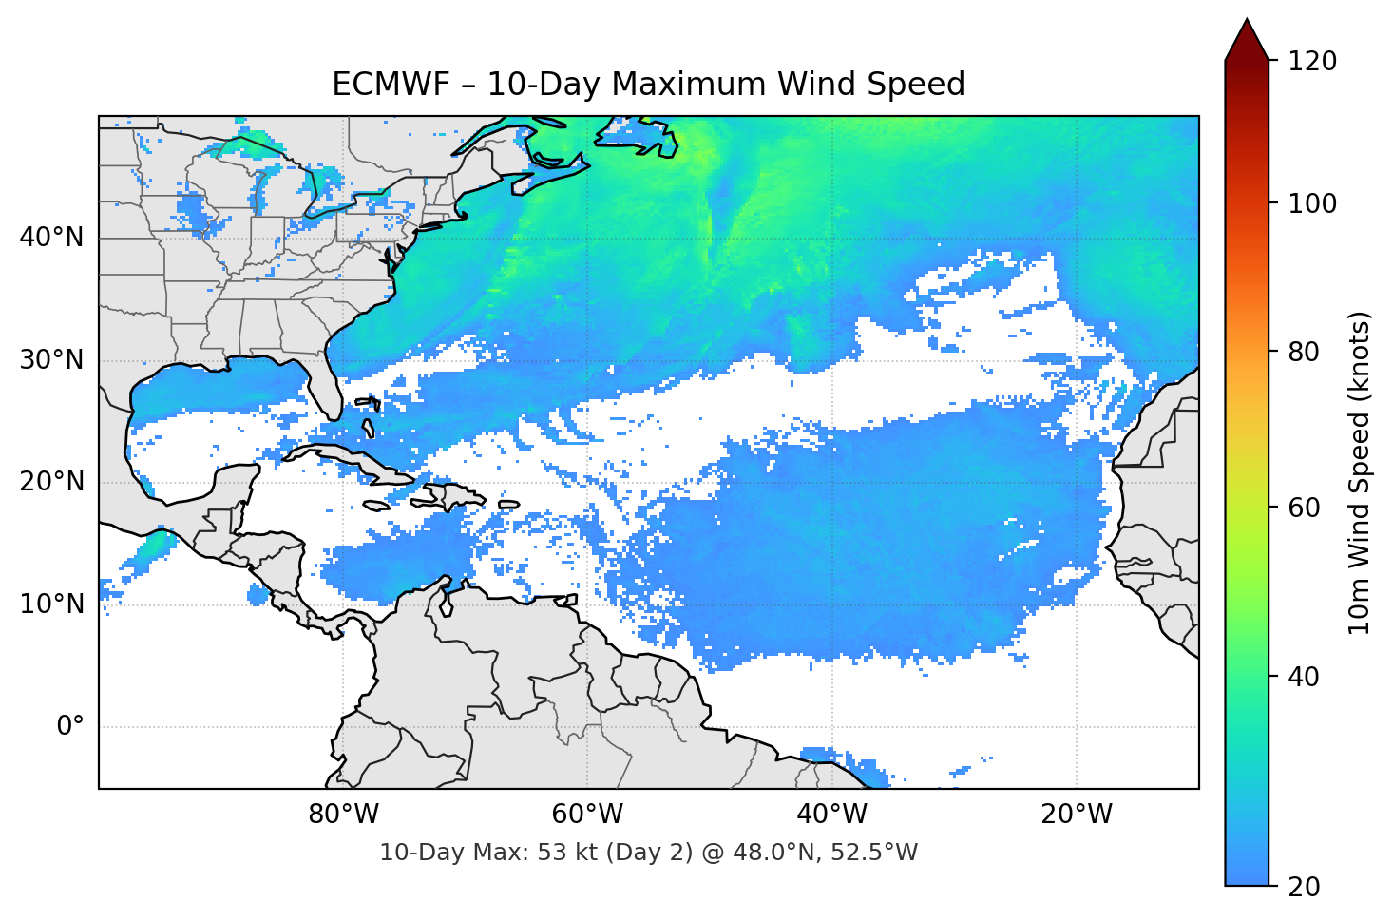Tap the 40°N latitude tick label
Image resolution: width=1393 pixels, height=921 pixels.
point(51,238)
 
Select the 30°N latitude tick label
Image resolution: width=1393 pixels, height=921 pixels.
point(51,360)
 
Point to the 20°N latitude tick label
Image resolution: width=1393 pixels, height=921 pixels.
point(51,482)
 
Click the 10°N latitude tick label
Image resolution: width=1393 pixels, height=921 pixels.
point(51,604)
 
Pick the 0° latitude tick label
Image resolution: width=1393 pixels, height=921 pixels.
point(69,727)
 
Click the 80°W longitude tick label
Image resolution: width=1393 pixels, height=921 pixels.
point(343,815)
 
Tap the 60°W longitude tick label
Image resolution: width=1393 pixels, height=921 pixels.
point(587,815)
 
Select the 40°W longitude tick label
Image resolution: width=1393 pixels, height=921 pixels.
point(831,815)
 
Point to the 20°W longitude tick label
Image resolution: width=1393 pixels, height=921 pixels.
point(1076,815)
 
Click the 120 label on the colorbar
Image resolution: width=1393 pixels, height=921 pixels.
point(1312,62)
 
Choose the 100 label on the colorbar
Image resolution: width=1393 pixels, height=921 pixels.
point(1312,203)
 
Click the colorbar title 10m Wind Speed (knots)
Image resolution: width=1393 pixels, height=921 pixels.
point(1360,473)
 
